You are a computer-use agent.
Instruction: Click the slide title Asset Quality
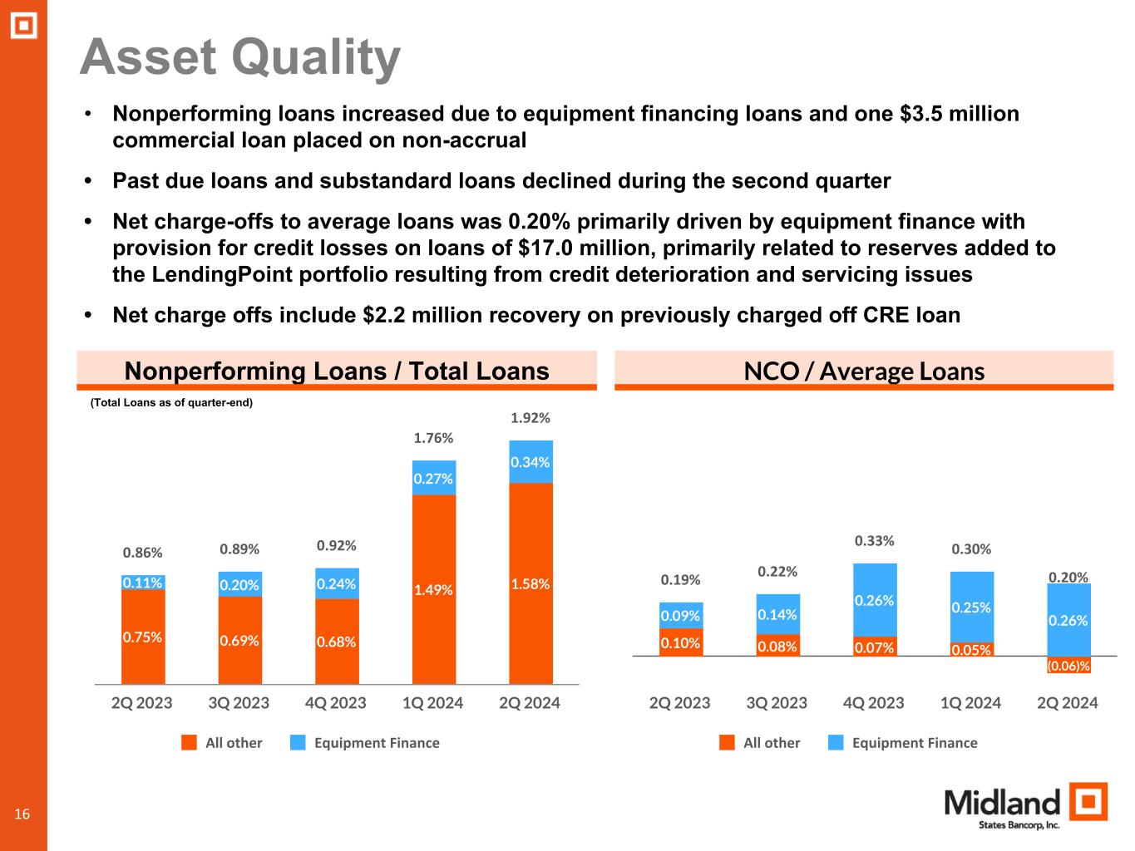pyautogui.click(x=239, y=57)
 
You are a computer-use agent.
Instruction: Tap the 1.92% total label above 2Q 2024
pyautogui.click(x=530, y=417)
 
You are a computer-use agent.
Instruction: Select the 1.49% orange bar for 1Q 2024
pyautogui.click(x=434, y=589)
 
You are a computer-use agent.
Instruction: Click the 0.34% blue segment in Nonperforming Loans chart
pyautogui.click(x=530, y=462)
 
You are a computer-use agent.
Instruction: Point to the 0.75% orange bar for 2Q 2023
pyautogui.click(x=143, y=637)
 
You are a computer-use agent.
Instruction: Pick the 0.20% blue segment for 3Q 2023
pyautogui.click(x=240, y=585)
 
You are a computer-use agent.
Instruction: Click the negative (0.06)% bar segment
pyautogui.click(x=1068, y=665)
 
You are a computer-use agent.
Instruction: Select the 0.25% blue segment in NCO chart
pyautogui.click(x=971, y=607)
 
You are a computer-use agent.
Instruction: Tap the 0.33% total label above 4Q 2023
pyautogui.click(x=875, y=541)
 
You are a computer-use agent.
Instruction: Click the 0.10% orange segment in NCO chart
pyautogui.click(x=681, y=642)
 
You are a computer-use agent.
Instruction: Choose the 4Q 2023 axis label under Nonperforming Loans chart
pyautogui.click(x=336, y=703)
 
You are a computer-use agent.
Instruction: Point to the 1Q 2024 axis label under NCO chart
pyautogui.click(x=971, y=703)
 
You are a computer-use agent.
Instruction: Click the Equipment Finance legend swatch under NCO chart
pyautogui.click(x=836, y=743)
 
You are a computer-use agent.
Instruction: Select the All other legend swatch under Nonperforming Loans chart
pyautogui.click(x=190, y=743)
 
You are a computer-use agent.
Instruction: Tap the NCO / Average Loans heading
pyautogui.click(x=864, y=371)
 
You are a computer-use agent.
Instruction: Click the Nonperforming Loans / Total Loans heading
pyautogui.click(x=336, y=371)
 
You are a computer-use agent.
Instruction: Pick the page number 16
pyautogui.click(x=22, y=814)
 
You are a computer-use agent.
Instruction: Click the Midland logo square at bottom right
pyautogui.click(x=1088, y=803)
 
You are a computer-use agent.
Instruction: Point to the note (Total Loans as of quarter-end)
pyautogui.click(x=170, y=403)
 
